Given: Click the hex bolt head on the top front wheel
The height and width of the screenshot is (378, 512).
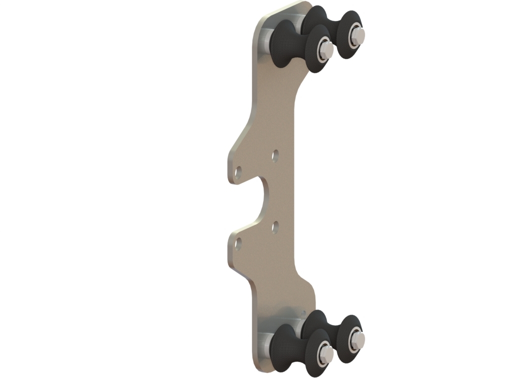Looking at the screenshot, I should (326, 49).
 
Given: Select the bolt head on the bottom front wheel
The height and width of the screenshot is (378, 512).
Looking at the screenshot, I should (325, 354).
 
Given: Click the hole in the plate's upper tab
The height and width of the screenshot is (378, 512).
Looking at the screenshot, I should (238, 173).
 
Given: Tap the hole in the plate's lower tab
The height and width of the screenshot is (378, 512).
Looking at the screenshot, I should (238, 244).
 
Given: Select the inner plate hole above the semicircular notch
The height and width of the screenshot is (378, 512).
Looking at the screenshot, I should (275, 156).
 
